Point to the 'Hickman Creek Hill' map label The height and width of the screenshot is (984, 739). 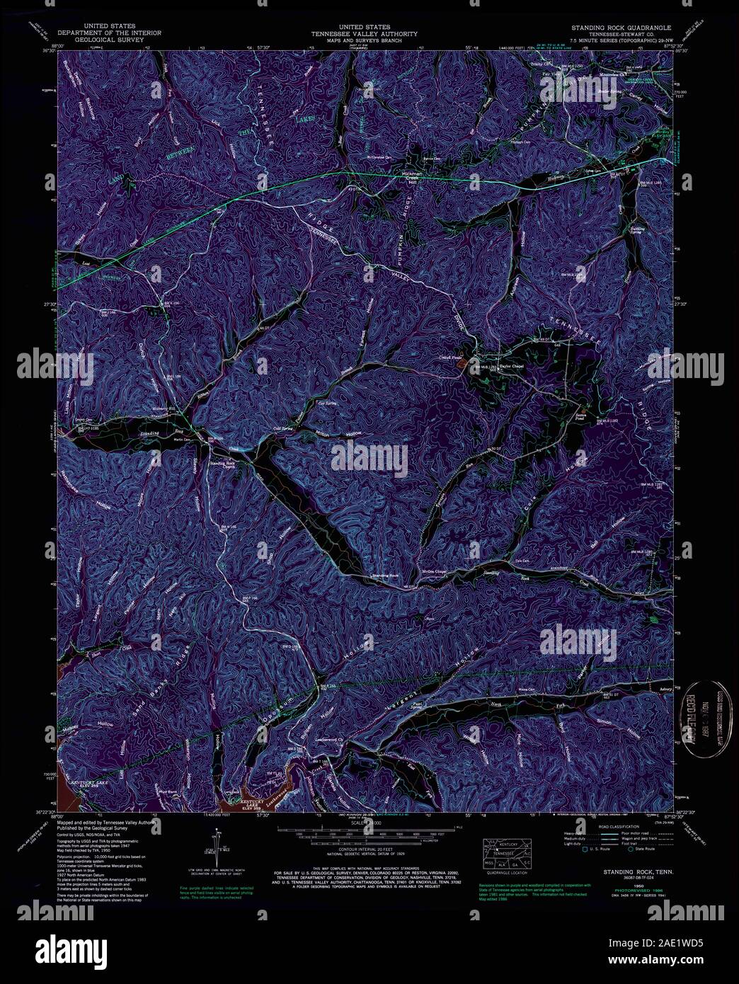[411, 176]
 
